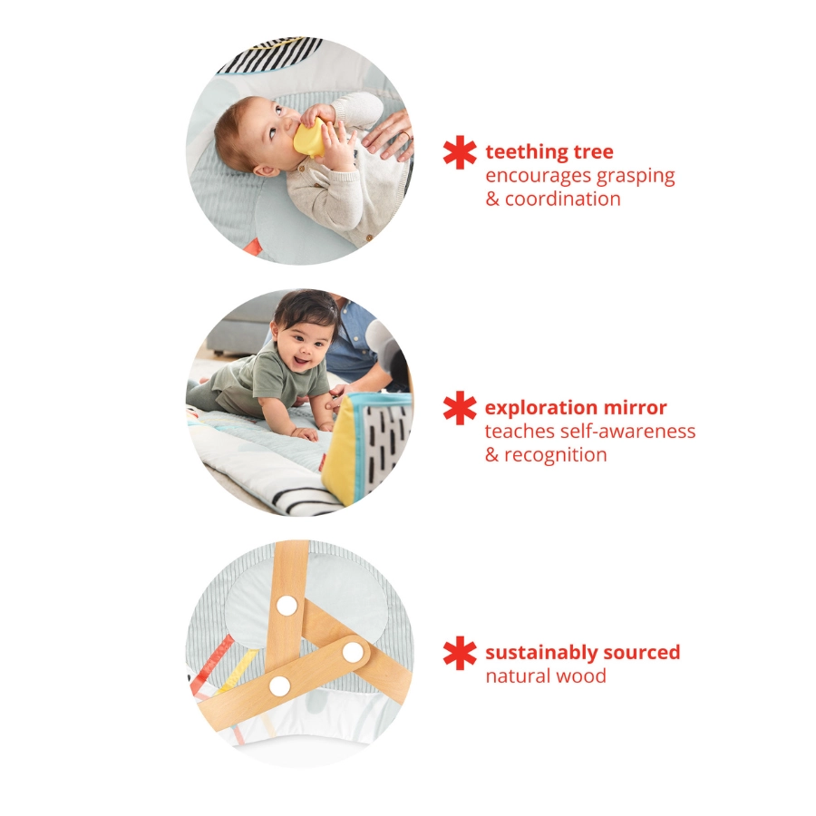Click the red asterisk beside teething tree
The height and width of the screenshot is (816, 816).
(460, 152)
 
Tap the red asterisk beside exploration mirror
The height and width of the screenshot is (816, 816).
(460, 408)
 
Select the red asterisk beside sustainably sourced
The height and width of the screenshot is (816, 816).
(460, 653)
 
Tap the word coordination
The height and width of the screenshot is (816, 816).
(563, 199)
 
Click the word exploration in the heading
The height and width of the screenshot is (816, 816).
(541, 408)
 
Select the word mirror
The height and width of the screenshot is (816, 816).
(636, 408)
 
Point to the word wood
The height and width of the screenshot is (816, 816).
(585, 675)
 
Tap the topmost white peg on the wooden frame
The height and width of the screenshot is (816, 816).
(287, 606)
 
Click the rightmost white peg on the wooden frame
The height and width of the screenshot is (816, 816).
(352, 651)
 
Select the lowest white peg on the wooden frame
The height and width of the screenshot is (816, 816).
(280, 685)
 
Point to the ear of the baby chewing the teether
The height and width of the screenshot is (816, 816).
(264, 169)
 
